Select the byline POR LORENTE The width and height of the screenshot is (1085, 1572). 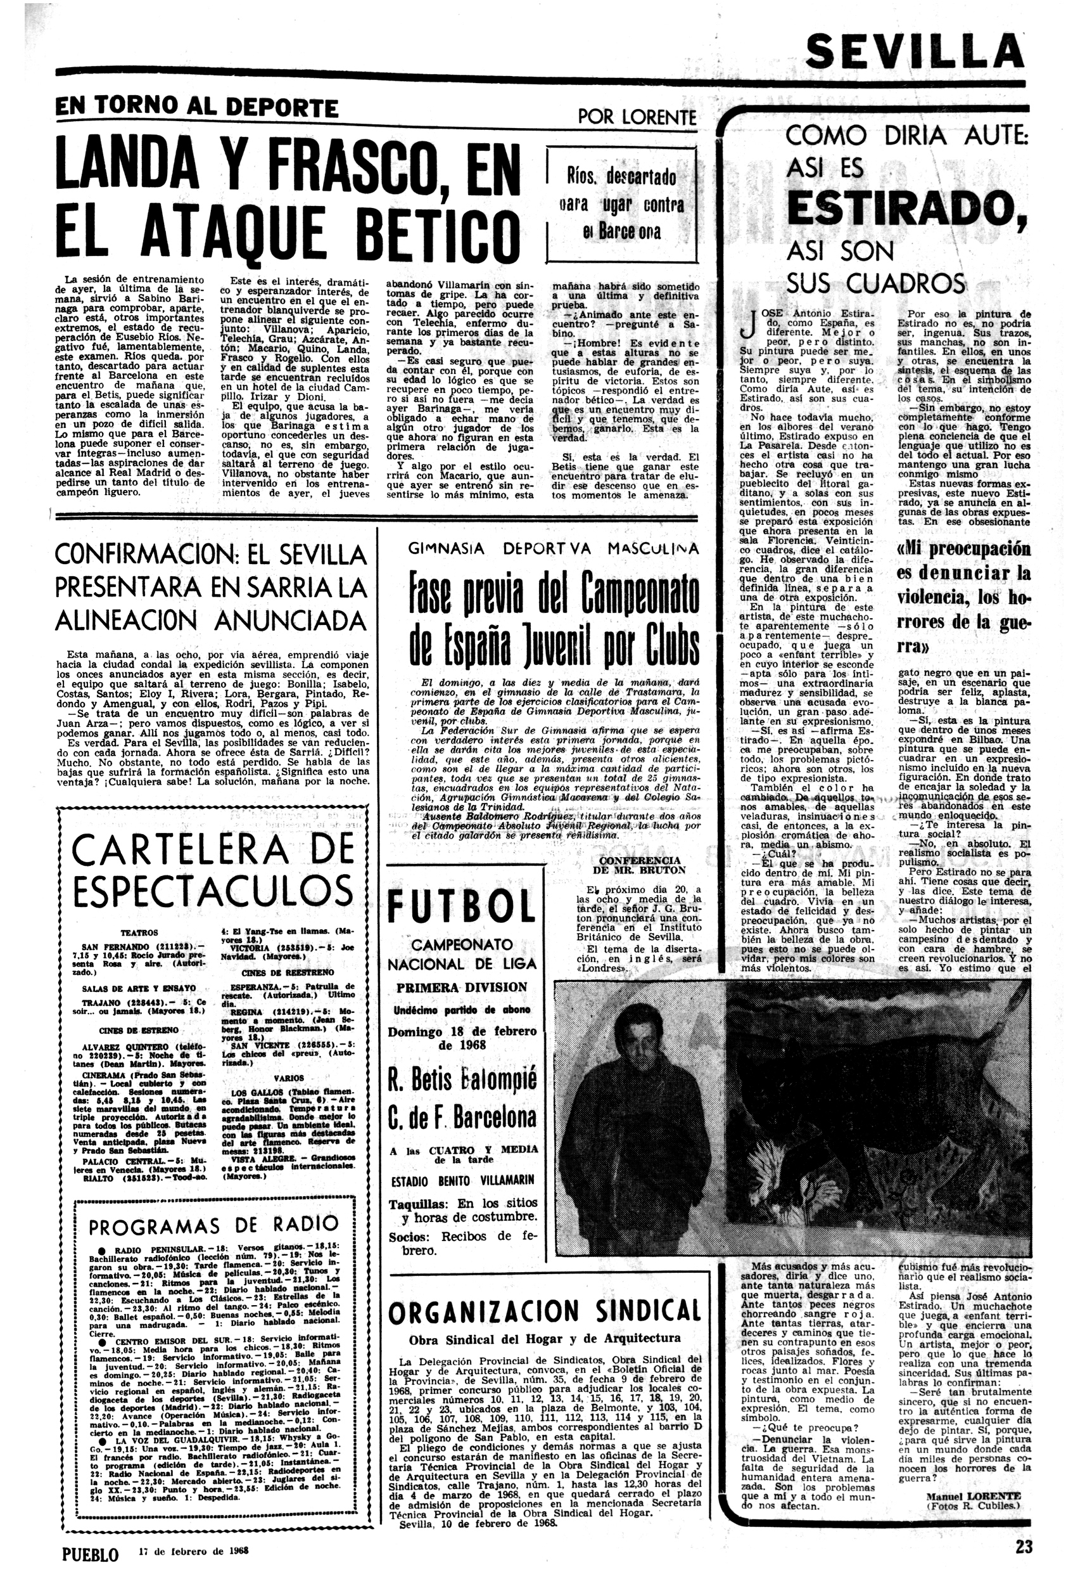(637, 117)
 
